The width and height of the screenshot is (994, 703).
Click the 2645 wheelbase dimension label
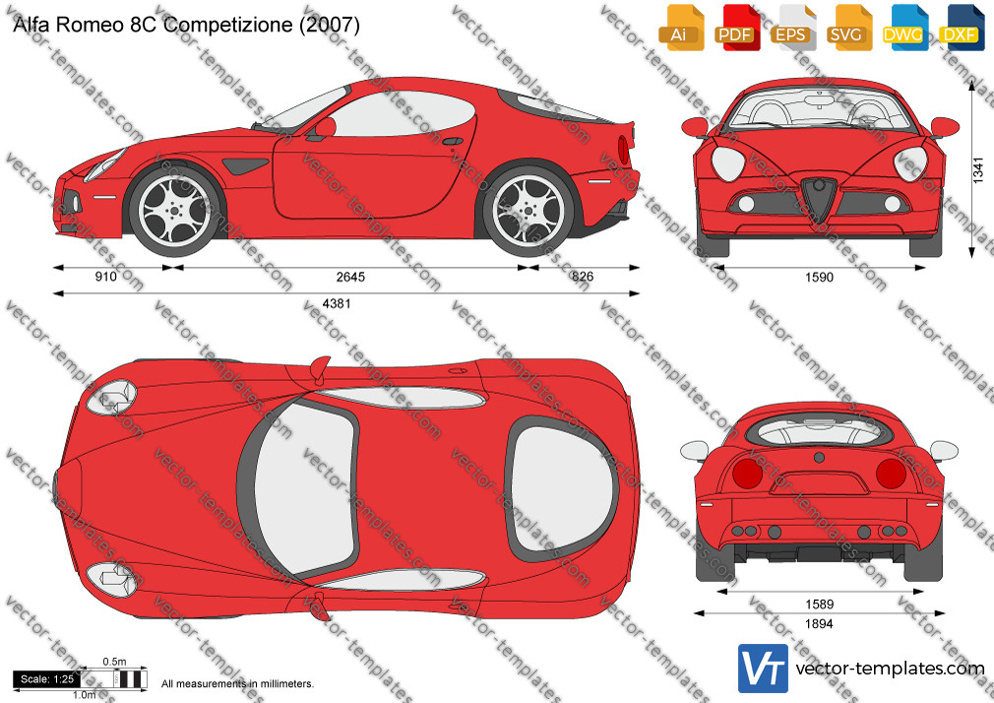[x=350, y=277]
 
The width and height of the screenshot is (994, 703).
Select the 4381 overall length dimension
[x=337, y=303]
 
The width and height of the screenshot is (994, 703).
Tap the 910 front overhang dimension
[x=106, y=277]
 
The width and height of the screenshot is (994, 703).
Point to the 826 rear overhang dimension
[x=582, y=277]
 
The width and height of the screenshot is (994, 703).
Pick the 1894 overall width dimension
[x=819, y=623]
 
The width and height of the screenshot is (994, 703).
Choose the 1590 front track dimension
[x=819, y=278]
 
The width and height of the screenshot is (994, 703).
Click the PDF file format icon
[x=737, y=28]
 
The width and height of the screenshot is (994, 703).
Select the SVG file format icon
[x=848, y=28]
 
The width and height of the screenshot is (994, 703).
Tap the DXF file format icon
[x=962, y=28]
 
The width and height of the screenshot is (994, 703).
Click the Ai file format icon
[x=681, y=28]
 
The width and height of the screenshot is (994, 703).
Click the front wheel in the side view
[x=175, y=211]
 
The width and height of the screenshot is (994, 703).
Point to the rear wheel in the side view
[x=528, y=210]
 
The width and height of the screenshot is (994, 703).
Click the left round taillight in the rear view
[x=747, y=474]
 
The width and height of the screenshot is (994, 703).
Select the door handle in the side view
[x=453, y=140]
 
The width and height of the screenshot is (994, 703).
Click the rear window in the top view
[x=562, y=487]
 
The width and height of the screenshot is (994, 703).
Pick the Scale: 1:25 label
[x=47, y=679]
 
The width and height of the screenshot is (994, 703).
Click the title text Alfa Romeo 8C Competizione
[x=152, y=25]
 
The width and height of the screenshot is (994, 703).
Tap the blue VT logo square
[x=763, y=669]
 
